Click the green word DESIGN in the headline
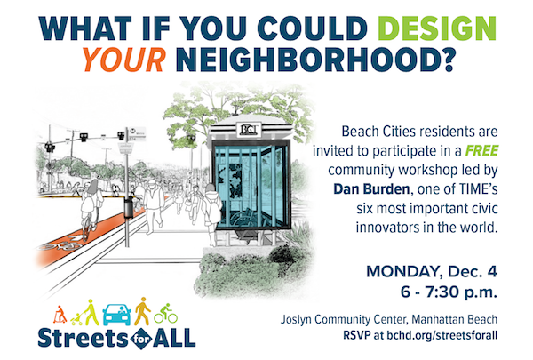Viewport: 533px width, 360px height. [x=437, y=28]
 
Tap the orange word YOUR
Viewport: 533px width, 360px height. [x=124, y=60]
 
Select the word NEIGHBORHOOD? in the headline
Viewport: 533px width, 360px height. [x=315, y=60]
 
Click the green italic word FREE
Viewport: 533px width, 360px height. [x=481, y=150]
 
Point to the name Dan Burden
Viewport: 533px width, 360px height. [x=371, y=188]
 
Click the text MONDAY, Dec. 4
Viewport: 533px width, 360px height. [x=432, y=271]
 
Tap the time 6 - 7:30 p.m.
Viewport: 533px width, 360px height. [x=449, y=292]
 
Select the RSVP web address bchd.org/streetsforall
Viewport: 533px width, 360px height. [x=442, y=335]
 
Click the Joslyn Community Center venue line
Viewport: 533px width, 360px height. [x=389, y=319]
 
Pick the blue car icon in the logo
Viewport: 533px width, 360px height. [x=116, y=315]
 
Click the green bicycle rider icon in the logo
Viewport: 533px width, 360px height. [x=165, y=314]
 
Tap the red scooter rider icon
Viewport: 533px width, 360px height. [x=60, y=314]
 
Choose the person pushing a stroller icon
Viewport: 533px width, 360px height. [x=85, y=312]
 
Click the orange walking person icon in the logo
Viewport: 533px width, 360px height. [x=142, y=311]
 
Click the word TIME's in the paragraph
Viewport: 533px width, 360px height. [x=479, y=188]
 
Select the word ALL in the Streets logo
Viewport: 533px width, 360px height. [x=174, y=338]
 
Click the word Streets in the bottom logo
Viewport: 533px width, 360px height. [x=84, y=338]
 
